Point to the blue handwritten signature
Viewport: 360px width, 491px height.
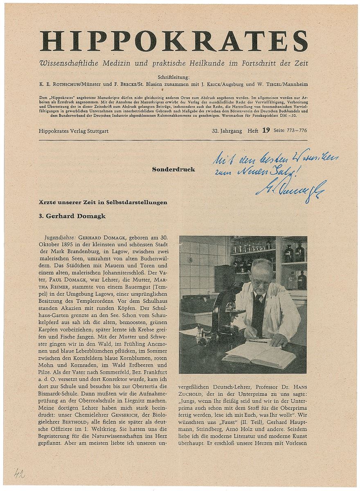click(x=291, y=188)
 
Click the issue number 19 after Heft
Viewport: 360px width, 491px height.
click(x=265, y=131)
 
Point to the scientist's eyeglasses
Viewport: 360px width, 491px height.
click(x=260, y=282)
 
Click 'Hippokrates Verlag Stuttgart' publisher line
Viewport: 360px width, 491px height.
click(x=76, y=131)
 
